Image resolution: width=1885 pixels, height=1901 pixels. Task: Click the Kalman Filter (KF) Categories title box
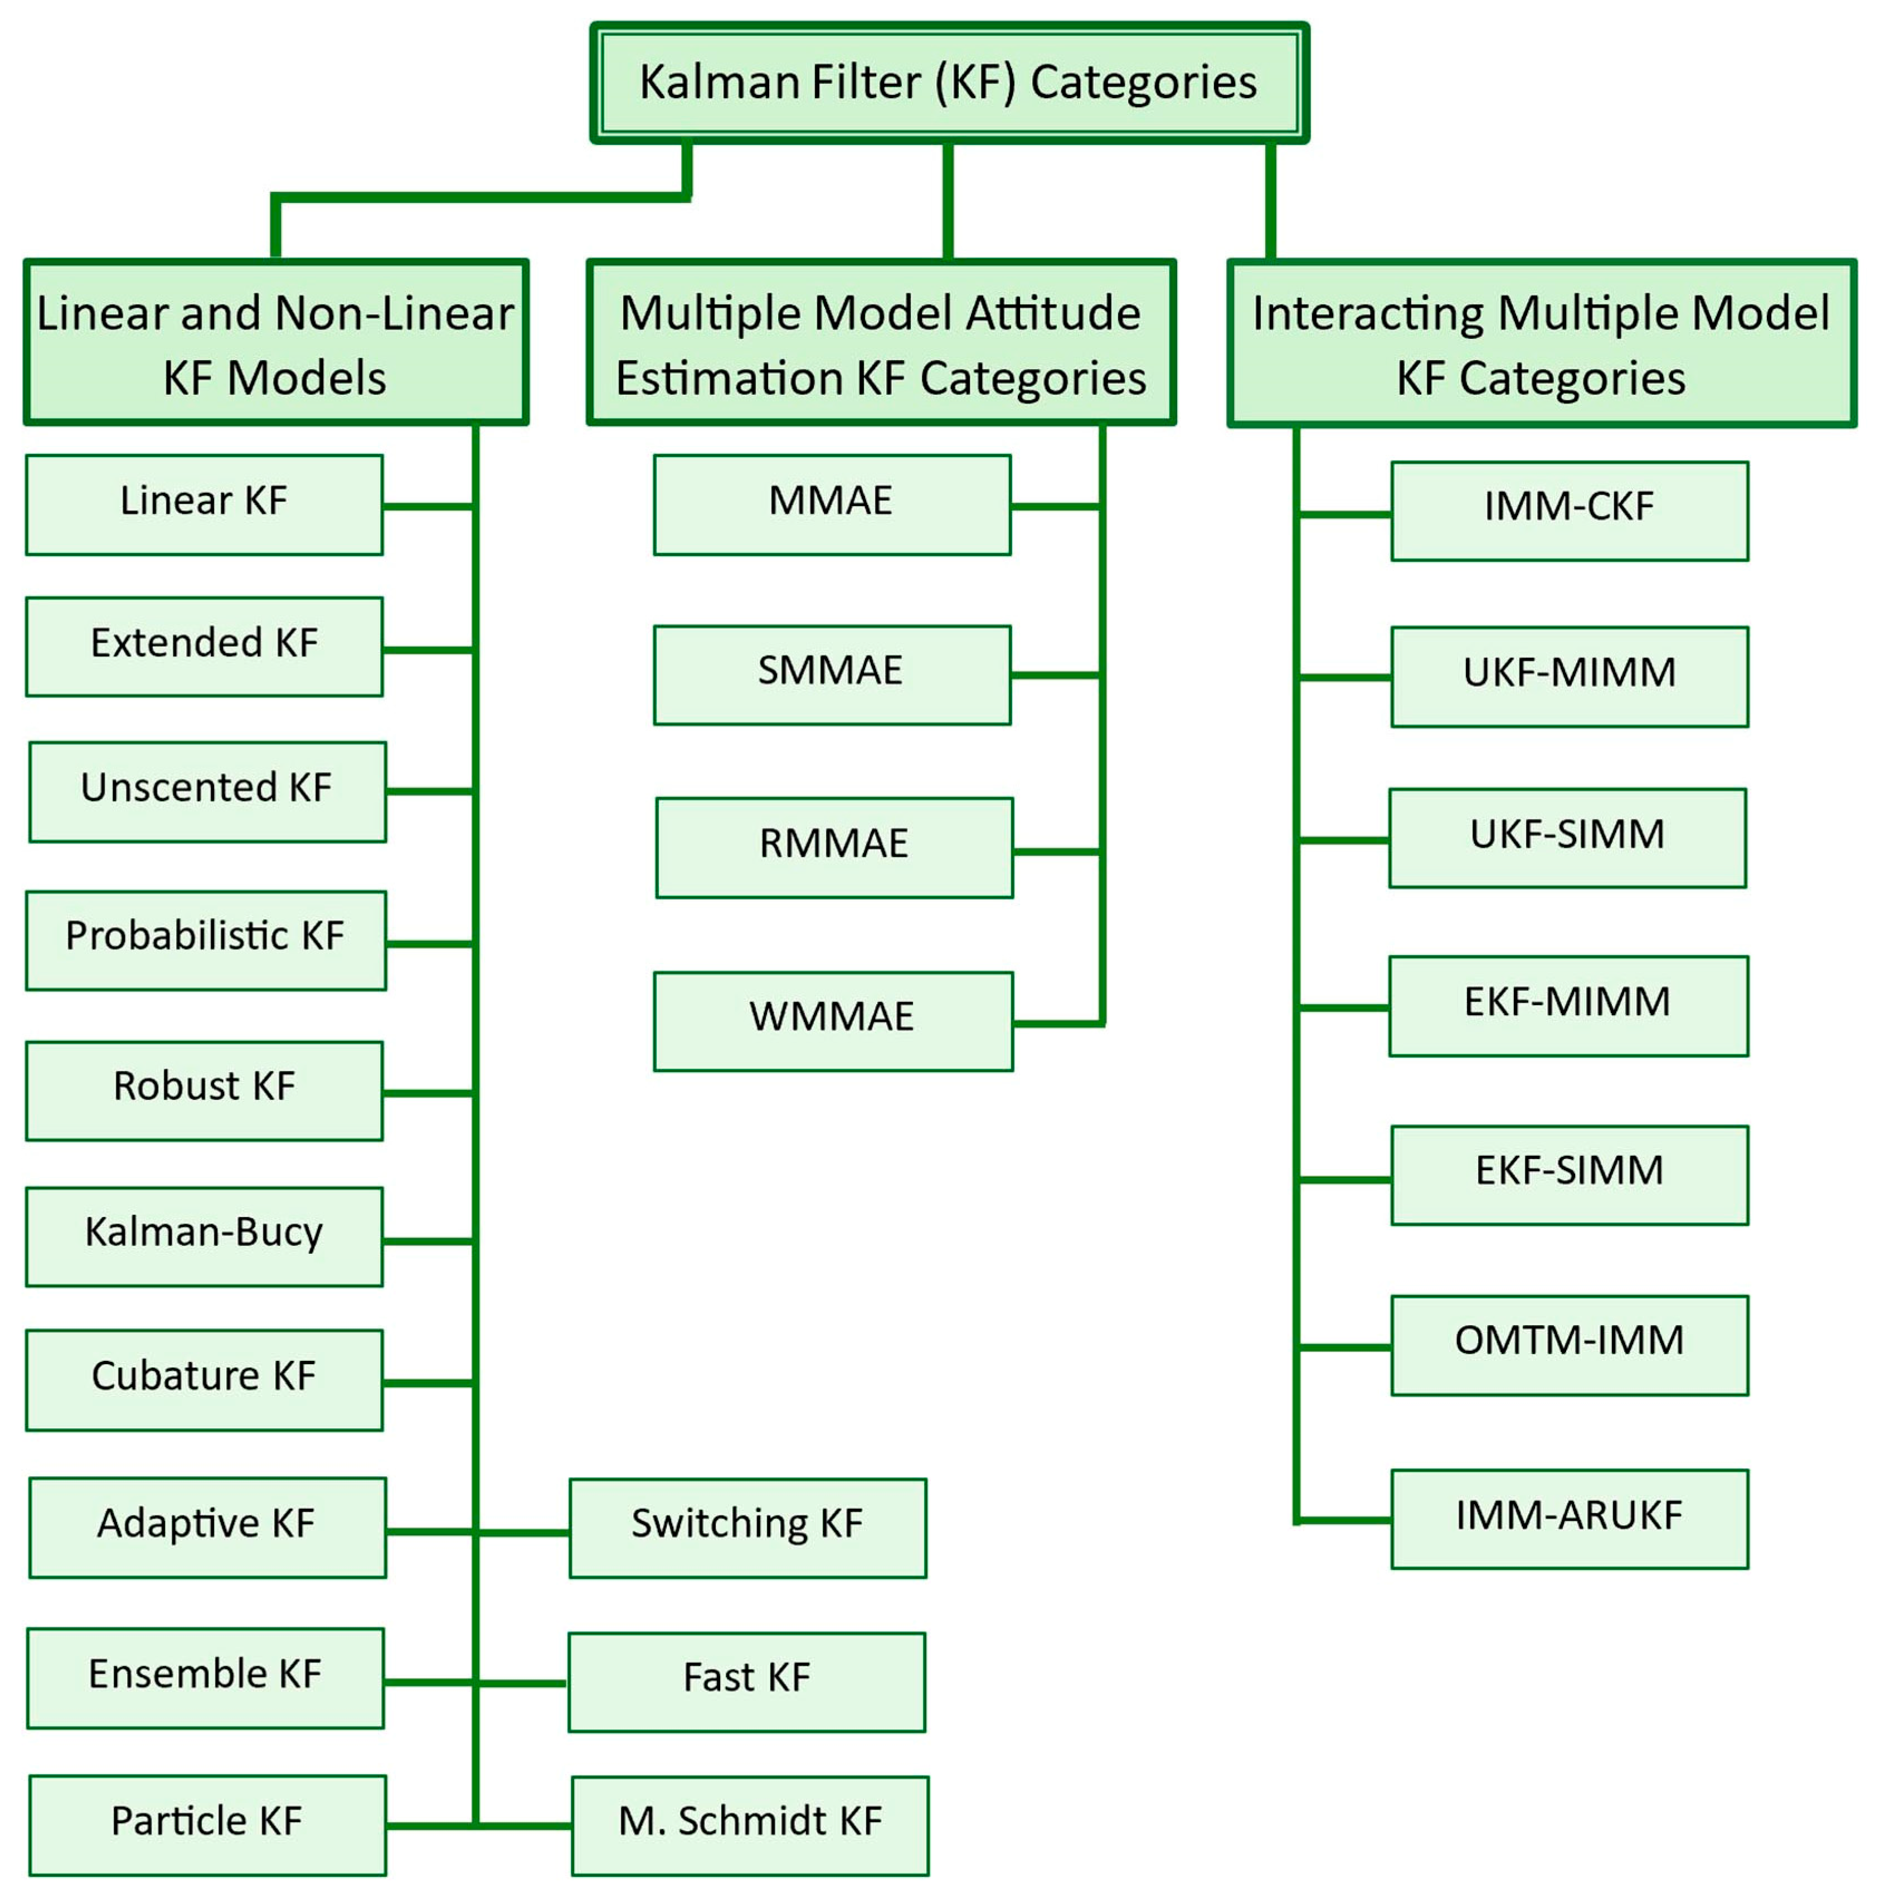click(949, 83)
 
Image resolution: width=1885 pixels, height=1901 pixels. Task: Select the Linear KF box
click(205, 505)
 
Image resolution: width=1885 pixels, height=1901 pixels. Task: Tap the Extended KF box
click(205, 647)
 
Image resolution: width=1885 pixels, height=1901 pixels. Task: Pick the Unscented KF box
click(207, 792)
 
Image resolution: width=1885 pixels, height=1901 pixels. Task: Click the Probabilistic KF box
click(206, 940)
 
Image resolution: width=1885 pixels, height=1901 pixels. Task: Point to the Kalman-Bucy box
click(205, 1237)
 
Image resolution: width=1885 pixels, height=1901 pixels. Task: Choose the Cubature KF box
click(205, 1380)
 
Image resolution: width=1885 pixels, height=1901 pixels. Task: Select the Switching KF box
click(748, 1528)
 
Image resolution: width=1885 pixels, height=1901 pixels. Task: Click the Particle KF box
click(207, 1825)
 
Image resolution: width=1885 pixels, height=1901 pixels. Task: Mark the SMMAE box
click(832, 675)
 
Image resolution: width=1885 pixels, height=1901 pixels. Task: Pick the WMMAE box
click(833, 1021)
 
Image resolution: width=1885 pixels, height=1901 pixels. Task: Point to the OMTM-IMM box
click(1569, 1345)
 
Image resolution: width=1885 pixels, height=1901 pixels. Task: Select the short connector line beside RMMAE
click(1057, 852)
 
